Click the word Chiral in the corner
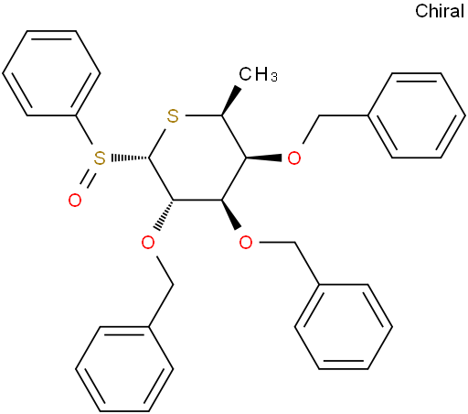point(440,11)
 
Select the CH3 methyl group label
point(258,74)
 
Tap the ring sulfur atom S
point(173,116)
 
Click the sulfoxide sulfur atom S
point(100,158)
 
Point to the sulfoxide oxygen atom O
point(75,201)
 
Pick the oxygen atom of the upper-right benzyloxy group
point(294,158)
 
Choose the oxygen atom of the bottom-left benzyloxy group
point(148,243)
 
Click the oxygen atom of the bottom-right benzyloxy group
point(246,243)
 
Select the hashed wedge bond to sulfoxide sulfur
point(130,158)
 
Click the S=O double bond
point(88,179)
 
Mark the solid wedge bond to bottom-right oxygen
point(231,214)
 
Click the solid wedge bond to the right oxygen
point(264,158)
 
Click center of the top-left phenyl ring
point(51,73)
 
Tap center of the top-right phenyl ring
point(417,115)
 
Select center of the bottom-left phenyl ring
point(124,369)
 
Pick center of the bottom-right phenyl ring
point(344,327)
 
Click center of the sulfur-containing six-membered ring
point(197,158)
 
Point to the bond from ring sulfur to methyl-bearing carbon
point(204,115)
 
